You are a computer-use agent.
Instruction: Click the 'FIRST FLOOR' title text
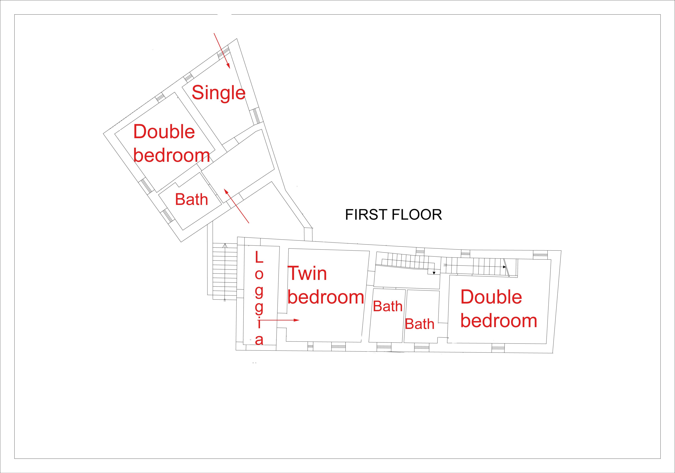pos(393,215)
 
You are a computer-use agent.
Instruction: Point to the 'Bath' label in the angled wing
pos(192,200)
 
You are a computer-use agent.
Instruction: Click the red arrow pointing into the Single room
pos(222,51)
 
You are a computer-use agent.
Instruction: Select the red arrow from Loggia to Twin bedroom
pos(279,320)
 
